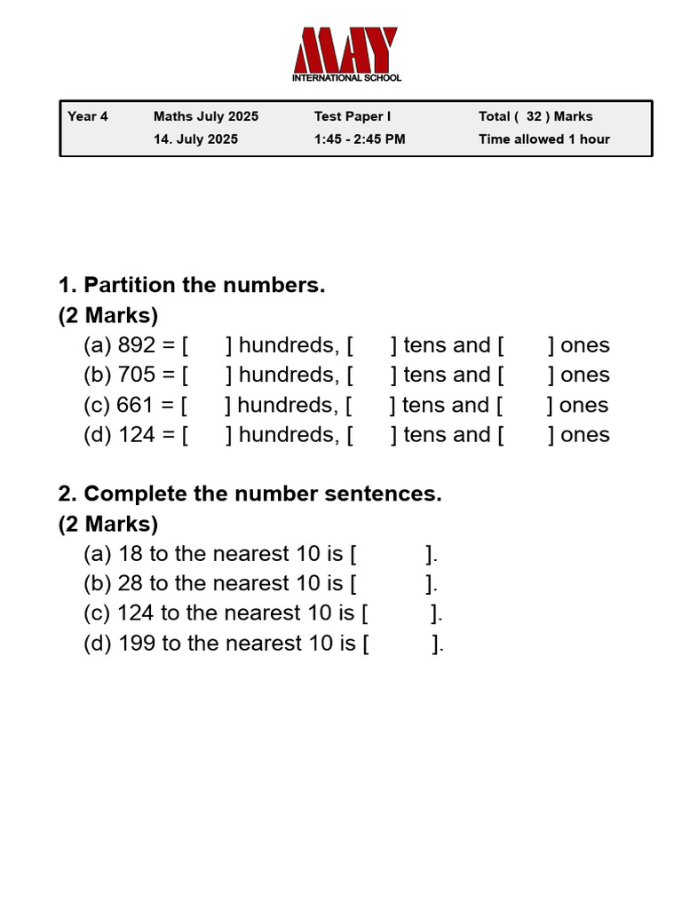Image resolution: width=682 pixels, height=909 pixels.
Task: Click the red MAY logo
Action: [345, 51]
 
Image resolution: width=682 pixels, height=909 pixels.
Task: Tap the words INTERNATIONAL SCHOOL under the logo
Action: [346, 78]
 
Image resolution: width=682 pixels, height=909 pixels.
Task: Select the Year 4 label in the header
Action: [88, 116]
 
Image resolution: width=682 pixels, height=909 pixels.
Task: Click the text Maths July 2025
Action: [206, 116]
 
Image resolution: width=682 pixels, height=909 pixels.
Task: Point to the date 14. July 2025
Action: [195, 139]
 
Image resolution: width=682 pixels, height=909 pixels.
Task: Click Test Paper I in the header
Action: [353, 116]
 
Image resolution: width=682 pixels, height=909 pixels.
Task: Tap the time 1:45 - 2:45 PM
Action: [360, 139]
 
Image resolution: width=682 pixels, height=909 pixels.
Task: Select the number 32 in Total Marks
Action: [534, 116]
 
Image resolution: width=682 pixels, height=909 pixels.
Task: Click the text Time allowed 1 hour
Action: [544, 139]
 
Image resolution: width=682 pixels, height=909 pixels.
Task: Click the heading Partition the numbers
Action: [204, 285]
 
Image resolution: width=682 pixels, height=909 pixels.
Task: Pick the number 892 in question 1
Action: [137, 345]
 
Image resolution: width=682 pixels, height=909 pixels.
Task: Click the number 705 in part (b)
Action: [137, 375]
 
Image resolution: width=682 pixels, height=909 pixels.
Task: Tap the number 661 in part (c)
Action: [136, 405]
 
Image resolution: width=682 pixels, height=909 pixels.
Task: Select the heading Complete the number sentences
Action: [262, 494]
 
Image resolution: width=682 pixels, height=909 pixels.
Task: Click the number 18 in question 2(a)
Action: [130, 554]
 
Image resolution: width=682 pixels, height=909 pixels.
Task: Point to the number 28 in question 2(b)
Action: [131, 583]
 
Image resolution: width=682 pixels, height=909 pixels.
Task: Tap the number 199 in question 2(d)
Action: [137, 643]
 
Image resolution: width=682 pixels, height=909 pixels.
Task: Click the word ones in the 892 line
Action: [585, 345]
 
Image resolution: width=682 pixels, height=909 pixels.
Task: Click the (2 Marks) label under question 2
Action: [108, 524]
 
